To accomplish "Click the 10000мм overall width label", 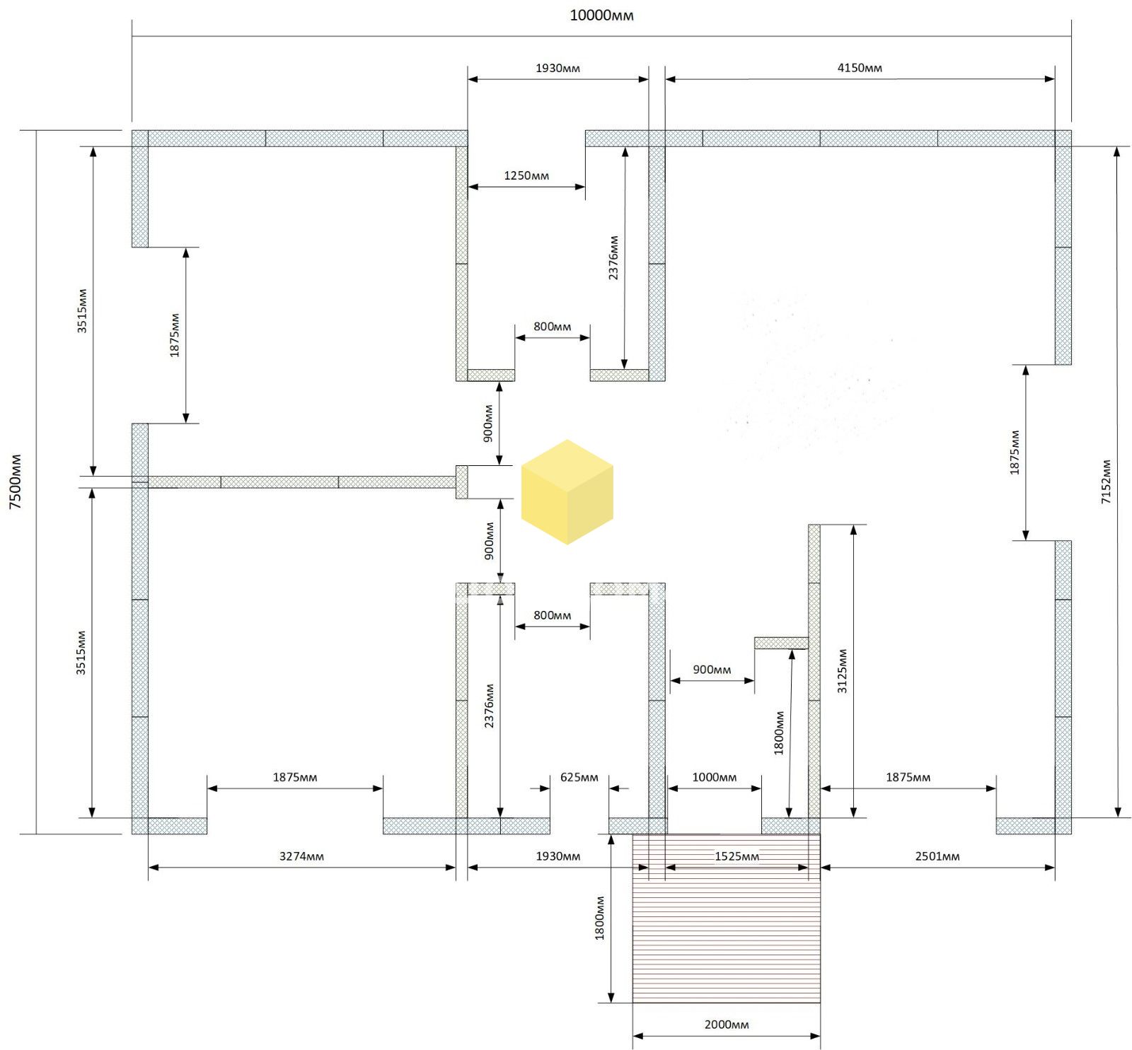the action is [601, 15].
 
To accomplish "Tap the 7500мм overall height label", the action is [16, 482].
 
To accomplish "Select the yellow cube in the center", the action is [567, 492].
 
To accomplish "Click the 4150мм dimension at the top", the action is [860, 68].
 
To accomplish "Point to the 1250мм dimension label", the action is [526, 175].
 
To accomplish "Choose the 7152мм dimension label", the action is [1107, 482].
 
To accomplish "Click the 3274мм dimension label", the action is [301, 856].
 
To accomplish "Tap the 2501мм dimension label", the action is [937, 856].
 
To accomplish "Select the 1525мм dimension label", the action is [737, 856].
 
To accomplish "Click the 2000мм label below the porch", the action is [727, 1025].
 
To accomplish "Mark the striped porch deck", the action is [727, 918].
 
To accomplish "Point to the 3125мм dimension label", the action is [842, 671].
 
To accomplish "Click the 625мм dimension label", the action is [579, 777].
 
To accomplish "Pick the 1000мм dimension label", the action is [714, 777].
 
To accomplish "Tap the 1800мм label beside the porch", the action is [599, 918].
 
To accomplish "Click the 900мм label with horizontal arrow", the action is [712, 670].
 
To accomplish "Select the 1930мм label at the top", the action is [558, 68].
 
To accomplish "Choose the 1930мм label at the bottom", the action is [558, 856].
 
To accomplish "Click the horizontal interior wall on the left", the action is [302, 482].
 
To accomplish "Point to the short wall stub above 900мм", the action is [781, 643].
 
